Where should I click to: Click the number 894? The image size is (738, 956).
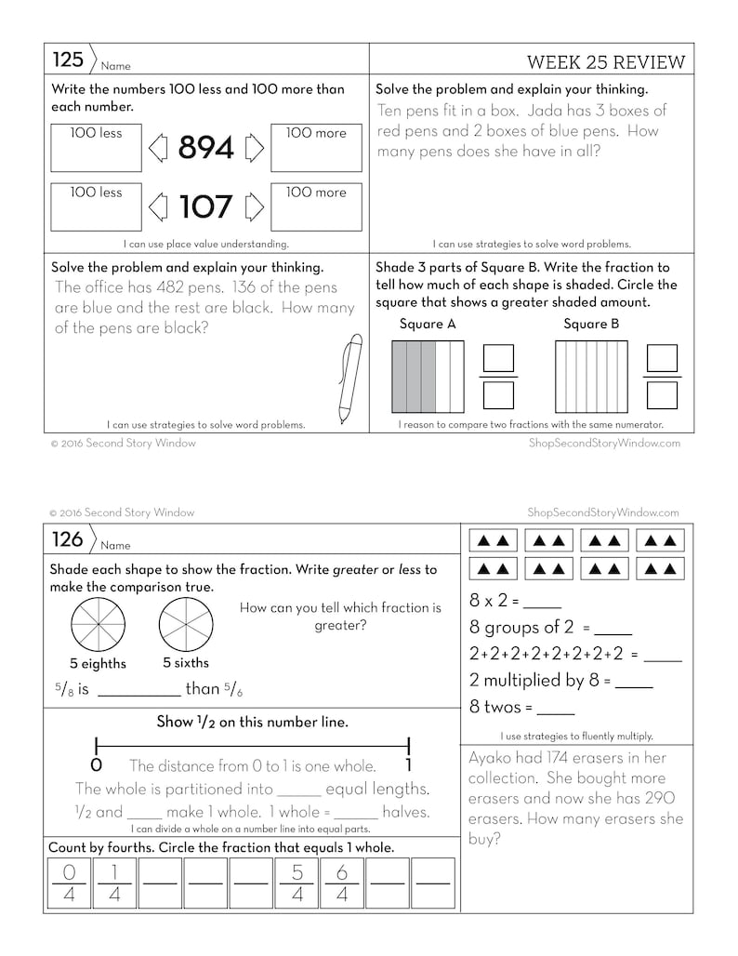click(x=205, y=148)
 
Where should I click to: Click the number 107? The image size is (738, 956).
click(x=205, y=206)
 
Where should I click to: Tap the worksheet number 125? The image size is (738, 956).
click(x=68, y=60)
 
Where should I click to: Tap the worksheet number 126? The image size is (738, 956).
click(x=67, y=539)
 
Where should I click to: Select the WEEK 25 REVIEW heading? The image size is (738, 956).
click(x=605, y=62)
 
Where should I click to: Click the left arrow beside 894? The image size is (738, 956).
click(x=157, y=148)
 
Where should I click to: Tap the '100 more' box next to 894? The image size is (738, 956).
click(x=316, y=148)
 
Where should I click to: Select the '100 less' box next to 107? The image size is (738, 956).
click(x=97, y=206)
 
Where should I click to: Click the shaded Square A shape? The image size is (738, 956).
click(x=428, y=377)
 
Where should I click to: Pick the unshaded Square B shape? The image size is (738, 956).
click(x=591, y=377)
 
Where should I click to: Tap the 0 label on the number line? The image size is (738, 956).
click(x=96, y=766)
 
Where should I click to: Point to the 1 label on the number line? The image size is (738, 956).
click(x=408, y=766)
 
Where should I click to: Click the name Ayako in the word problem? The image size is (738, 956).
click(x=496, y=757)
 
